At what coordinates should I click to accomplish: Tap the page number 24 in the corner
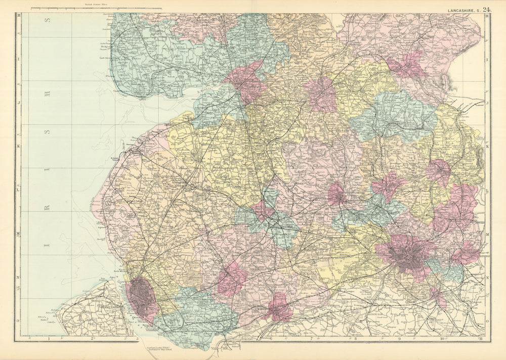tap(486, 9)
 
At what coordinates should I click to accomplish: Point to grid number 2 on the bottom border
tap(93, 338)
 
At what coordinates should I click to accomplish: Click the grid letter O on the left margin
tap(19, 321)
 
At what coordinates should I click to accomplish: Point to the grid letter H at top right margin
tap(487, 17)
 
